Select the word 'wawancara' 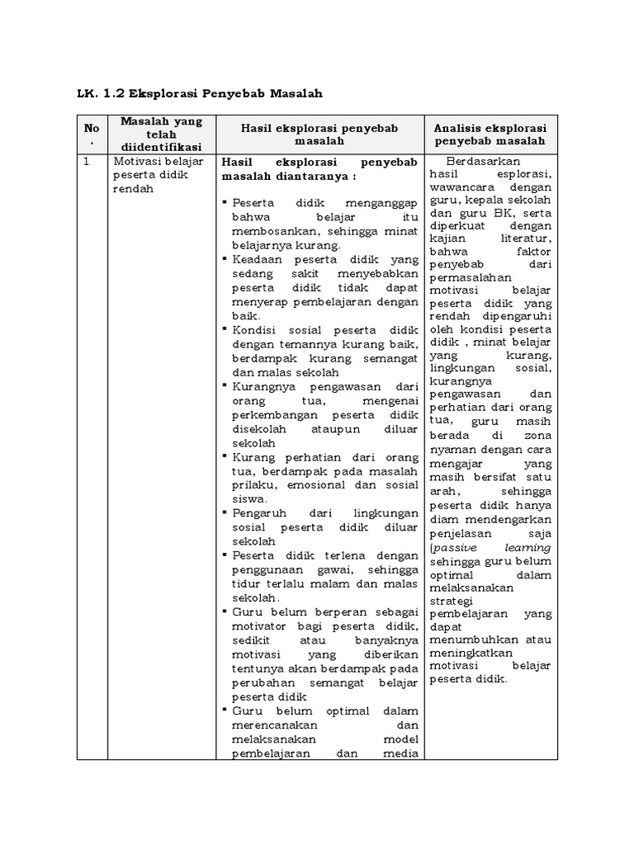(x=459, y=187)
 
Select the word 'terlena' (x=334, y=555)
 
